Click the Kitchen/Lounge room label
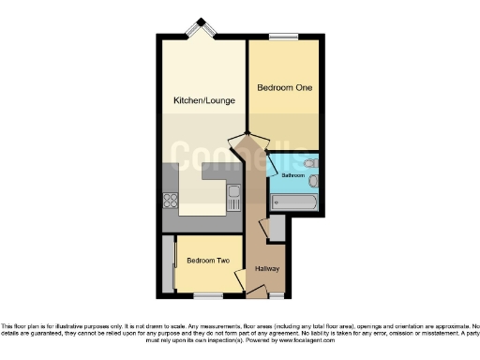(x=198, y=99)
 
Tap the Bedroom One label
(x=285, y=87)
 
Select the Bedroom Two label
(x=208, y=261)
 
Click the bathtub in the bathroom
(x=294, y=202)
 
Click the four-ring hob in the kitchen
(x=172, y=201)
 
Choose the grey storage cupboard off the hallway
(x=277, y=228)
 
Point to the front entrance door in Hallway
(x=255, y=293)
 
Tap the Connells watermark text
(x=242, y=154)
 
